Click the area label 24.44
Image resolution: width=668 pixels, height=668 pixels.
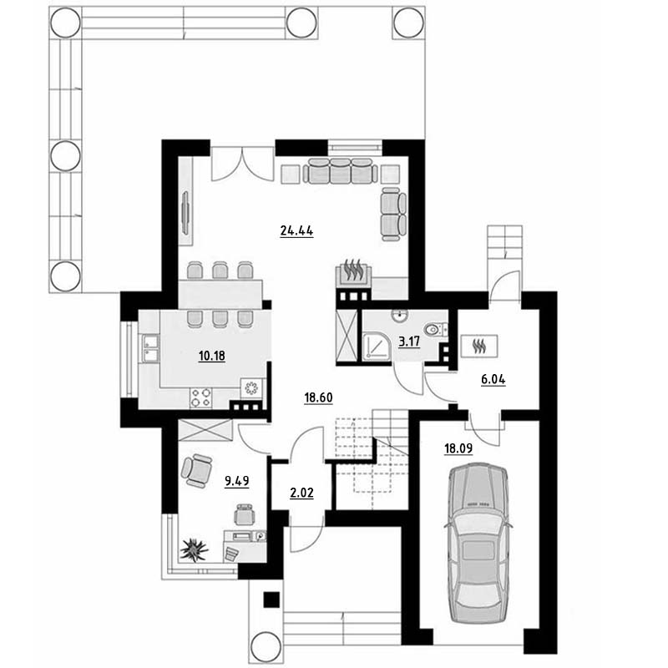(x=296, y=231)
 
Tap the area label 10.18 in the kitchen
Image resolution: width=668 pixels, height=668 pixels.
(x=212, y=356)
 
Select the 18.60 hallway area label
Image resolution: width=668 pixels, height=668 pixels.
(x=318, y=397)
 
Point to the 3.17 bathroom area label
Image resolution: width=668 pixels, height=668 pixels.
(x=409, y=342)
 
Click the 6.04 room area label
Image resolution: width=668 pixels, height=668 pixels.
(x=493, y=379)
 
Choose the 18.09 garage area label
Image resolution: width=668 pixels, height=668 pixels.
(x=458, y=448)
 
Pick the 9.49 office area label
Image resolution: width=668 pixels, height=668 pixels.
(x=237, y=482)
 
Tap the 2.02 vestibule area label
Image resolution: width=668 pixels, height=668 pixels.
(x=301, y=493)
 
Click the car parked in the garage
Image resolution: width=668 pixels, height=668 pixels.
(x=478, y=544)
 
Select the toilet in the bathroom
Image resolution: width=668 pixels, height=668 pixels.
(x=435, y=329)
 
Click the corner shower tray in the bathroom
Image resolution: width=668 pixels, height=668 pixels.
(x=377, y=346)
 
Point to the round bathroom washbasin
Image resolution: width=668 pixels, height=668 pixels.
(x=400, y=316)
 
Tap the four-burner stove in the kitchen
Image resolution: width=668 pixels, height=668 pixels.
(x=200, y=397)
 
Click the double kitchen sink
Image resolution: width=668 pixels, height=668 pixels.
(x=150, y=348)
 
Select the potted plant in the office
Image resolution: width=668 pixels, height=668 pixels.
(x=195, y=549)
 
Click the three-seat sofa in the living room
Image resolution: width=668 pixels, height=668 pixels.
(x=340, y=171)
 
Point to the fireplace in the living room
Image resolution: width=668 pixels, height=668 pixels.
(x=353, y=271)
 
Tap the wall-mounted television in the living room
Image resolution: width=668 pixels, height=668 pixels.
(x=185, y=212)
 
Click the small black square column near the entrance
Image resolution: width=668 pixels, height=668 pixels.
(x=271, y=600)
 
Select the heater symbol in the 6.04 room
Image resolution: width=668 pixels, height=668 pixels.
(x=479, y=346)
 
